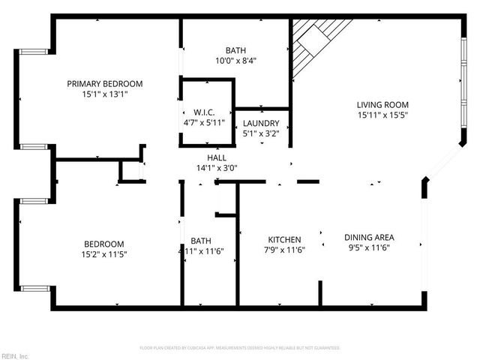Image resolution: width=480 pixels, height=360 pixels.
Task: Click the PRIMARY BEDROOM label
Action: (105, 84)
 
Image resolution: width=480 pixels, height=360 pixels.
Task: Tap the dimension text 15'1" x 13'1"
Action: (105, 94)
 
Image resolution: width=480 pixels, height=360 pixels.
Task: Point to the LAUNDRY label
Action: (261, 123)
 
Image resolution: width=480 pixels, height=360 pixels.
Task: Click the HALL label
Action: (217, 157)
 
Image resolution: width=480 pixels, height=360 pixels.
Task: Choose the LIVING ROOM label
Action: (382, 105)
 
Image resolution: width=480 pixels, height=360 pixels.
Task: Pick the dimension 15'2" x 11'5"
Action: (103, 255)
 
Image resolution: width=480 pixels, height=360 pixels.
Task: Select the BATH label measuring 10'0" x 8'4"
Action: (235, 50)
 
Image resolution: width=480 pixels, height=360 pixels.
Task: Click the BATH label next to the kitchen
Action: (200, 241)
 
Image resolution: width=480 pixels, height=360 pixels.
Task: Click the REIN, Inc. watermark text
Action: (15, 355)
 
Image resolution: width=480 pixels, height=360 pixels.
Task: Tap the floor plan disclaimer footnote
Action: (240, 348)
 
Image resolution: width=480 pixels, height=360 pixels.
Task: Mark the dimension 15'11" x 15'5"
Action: (382, 115)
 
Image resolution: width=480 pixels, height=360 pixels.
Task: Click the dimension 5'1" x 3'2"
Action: (261, 133)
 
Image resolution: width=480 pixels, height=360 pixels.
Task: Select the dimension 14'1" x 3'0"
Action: (217, 168)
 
